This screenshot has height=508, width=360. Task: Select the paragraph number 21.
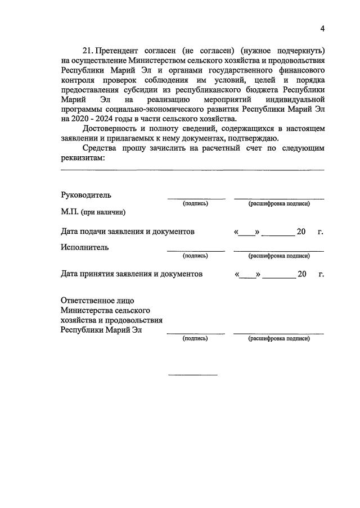[x=89, y=51]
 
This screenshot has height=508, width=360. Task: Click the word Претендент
[x=120, y=51]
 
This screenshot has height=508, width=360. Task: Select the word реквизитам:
[x=83, y=158]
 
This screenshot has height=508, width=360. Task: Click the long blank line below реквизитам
[x=192, y=169]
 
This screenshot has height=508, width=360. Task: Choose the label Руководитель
[x=86, y=195]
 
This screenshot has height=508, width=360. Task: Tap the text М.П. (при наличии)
[x=93, y=212]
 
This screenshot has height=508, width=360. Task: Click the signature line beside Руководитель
[x=196, y=199]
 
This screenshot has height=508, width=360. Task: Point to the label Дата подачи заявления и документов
[x=128, y=231]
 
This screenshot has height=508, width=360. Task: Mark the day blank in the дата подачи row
[x=246, y=233]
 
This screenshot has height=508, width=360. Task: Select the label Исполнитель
[x=85, y=247]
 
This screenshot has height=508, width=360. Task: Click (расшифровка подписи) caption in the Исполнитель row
[x=279, y=256]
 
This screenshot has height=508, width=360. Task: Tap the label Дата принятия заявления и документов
[x=131, y=274]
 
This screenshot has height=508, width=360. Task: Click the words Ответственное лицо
[x=97, y=300]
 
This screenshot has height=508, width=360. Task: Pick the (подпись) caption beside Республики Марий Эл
[x=195, y=338]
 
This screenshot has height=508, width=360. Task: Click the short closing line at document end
[x=193, y=374]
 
